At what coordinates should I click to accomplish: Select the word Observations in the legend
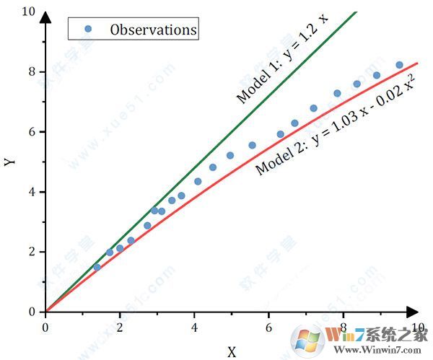(153, 30)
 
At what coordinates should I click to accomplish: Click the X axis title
(232, 352)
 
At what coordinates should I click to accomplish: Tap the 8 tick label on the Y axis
(31, 71)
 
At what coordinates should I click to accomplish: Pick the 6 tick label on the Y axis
(31, 132)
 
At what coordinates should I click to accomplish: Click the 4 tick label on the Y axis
(31, 192)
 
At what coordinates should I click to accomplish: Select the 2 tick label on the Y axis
(31, 252)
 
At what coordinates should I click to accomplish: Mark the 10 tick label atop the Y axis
(28, 12)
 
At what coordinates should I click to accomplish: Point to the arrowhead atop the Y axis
(45, 16)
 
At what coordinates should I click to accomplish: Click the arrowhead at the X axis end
(413, 312)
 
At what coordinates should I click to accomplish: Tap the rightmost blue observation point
(399, 65)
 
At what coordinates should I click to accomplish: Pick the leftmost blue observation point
(97, 268)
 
